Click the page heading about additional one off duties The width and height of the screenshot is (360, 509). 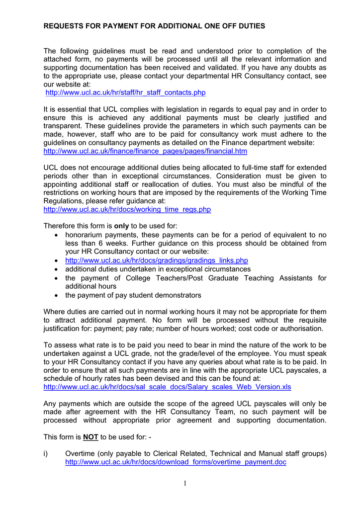(154, 26)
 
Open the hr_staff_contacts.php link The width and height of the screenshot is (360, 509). (125, 93)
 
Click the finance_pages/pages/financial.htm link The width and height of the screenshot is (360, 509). (145, 151)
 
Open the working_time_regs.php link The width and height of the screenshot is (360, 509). (127, 210)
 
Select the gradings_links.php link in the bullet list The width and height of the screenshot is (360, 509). (157, 260)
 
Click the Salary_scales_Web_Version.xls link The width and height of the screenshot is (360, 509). (168, 386)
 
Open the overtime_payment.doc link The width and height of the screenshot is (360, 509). (176, 462)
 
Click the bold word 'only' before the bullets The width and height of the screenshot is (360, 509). (122, 226)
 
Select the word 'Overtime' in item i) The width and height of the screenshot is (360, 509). (82, 454)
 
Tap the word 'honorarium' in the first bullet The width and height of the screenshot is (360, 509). (85, 235)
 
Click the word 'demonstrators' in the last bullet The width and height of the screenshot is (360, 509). (177, 295)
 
